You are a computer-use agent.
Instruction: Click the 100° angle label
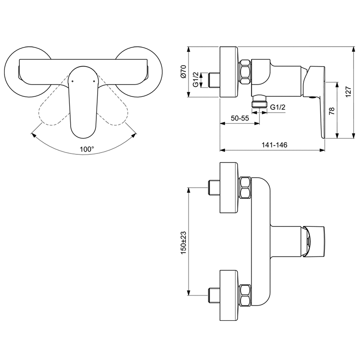(86, 149)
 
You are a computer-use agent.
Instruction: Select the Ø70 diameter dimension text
(184, 72)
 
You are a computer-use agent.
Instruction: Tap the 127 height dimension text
(348, 92)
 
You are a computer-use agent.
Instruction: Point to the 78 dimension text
(332, 111)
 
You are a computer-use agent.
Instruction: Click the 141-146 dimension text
(274, 145)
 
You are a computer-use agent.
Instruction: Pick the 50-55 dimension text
(240, 118)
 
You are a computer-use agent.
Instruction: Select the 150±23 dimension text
(184, 243)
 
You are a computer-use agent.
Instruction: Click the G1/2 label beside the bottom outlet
(278, 107)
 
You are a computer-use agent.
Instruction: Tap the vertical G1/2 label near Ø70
(196, 80)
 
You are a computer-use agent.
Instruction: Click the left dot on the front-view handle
(72, 81)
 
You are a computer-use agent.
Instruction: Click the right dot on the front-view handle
(94, 81)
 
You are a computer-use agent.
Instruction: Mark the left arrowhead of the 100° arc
(33, 135)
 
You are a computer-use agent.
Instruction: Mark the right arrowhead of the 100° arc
(134, 135)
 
